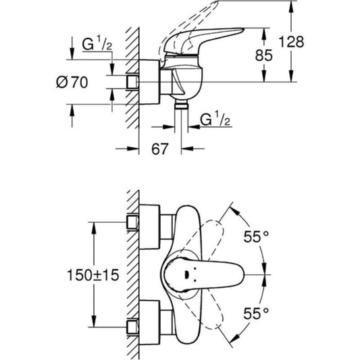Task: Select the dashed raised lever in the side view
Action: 203,20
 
